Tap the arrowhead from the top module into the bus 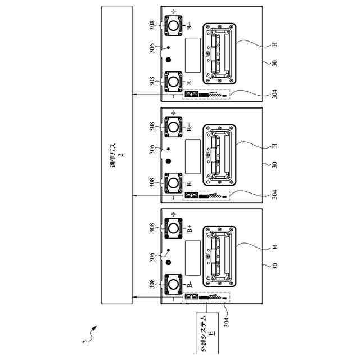click(134, 94)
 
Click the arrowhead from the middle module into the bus click(134, 196)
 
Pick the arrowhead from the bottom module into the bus click(134, 297)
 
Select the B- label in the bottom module click(190, 284)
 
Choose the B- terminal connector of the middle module click(173, 183)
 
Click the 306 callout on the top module click(152, 49)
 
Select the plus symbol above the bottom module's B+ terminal click(173, 214)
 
